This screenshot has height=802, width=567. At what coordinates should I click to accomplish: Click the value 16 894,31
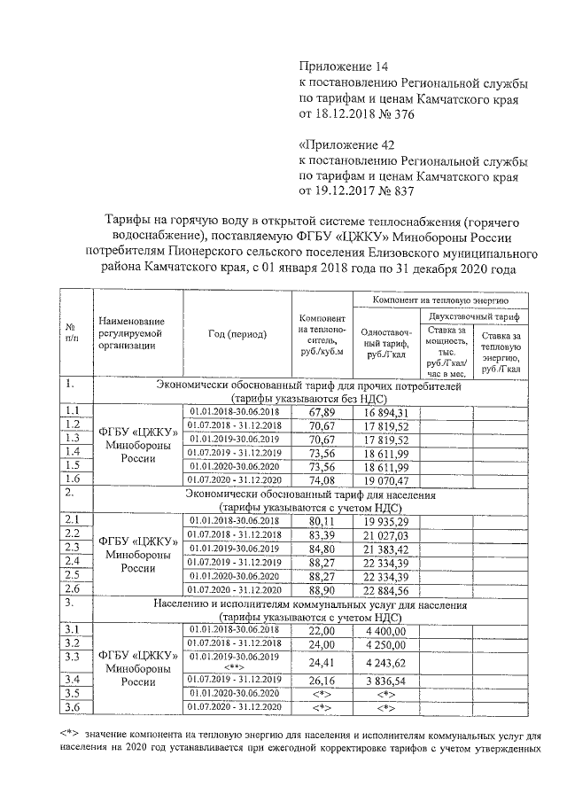(x=384, y=412)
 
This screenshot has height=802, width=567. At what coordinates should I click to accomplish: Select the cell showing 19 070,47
(x=384, y=479)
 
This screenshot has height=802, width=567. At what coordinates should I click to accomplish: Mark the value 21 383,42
(x=384, y=548)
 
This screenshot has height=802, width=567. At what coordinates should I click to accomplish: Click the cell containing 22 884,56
(x=384, y=588)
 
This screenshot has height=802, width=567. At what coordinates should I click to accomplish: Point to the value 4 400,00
(x=384, y=629)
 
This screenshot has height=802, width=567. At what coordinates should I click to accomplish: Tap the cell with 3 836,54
(x=384, y=681)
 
